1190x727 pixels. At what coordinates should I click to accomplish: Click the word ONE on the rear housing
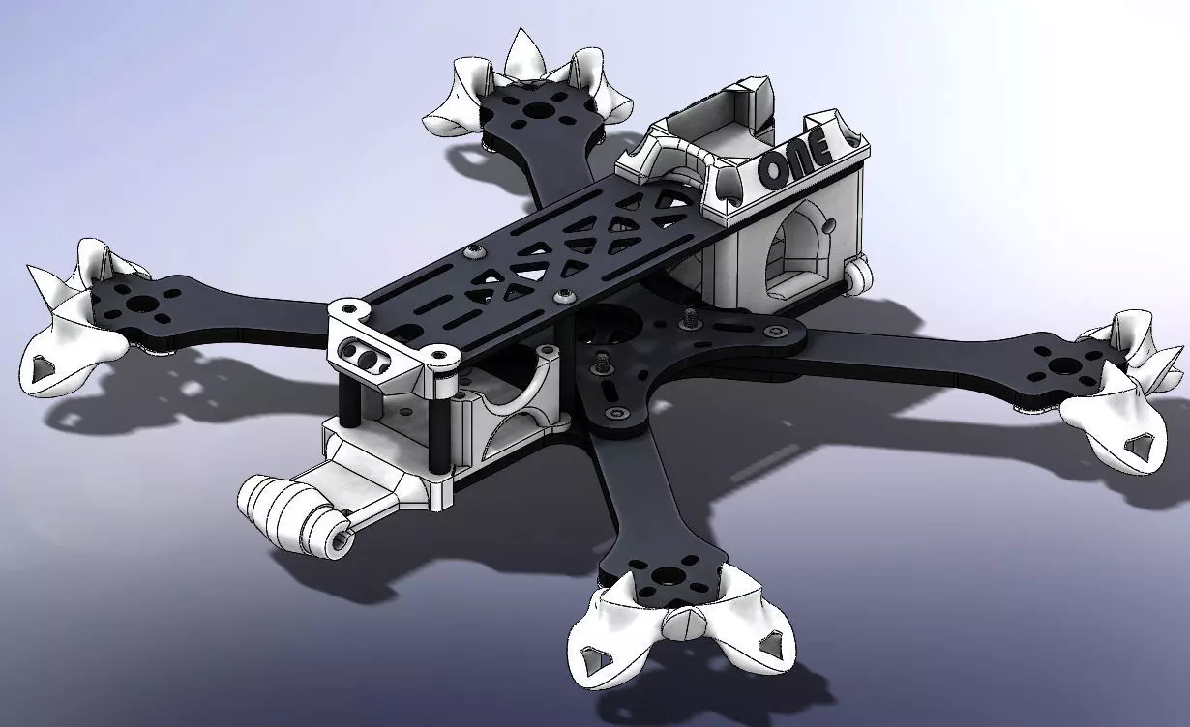pyautogui.click(x=794, y=160)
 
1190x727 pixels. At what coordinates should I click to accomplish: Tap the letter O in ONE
pyautogui.click(x=774, y=170)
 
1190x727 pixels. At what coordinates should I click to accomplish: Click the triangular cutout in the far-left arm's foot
pyautogui.click(x=42, y=368)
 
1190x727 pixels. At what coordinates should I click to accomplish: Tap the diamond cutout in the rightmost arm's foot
pyautogui.click(x=1134, y=446)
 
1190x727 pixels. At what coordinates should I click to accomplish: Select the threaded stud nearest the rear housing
pyautogui.click(x=690, y=316)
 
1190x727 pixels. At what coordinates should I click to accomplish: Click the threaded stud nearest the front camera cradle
pyautogui.click(x=602, y=363)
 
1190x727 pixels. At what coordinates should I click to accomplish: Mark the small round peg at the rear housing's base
pyautogui.click(x=856, y=275)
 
